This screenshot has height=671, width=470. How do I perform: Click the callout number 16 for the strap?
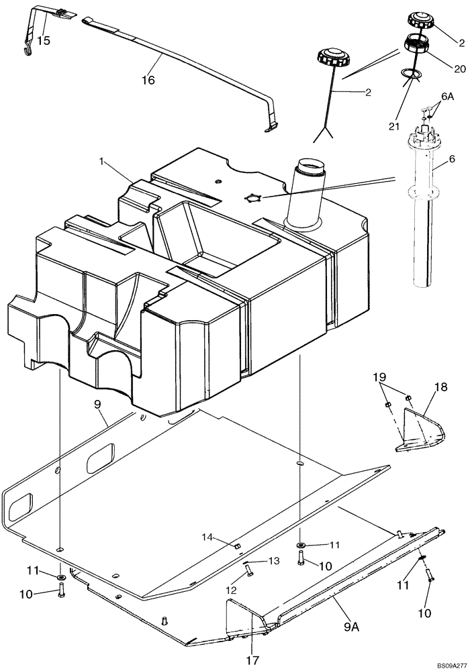point(148,80)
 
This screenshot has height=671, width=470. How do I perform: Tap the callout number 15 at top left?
point(44,40)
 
